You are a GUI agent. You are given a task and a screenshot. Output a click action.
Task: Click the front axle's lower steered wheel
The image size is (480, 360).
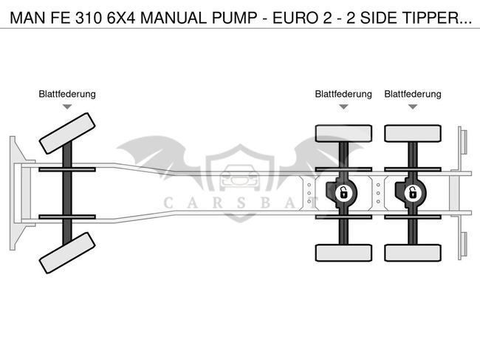(67, 253)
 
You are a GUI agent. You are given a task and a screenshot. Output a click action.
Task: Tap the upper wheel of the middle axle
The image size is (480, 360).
(343, 133)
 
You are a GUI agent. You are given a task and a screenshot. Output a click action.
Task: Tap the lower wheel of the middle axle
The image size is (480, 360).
(343, 252)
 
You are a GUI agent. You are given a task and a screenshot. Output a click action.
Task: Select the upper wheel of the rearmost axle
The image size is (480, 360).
(412, 133)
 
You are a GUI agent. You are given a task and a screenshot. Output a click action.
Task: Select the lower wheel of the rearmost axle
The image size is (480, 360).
(412, 252)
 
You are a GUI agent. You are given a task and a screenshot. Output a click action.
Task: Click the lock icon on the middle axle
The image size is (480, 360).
(343, 193)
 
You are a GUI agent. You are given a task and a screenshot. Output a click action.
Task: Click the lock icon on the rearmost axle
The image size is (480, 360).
(412, 193)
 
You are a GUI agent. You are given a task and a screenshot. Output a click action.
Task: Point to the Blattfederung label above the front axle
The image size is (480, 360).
(67, 94)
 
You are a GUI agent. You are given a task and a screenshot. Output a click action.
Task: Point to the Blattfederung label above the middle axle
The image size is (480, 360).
(343, 94)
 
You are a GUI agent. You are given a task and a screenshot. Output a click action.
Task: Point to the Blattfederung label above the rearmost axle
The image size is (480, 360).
(412, 94)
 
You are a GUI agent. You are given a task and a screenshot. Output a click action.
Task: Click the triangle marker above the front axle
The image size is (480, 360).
(67, 107)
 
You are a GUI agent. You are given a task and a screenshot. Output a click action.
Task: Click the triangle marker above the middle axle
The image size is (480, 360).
(343, 107)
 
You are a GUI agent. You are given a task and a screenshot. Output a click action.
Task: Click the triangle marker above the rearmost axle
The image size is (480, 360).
(412, 107)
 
